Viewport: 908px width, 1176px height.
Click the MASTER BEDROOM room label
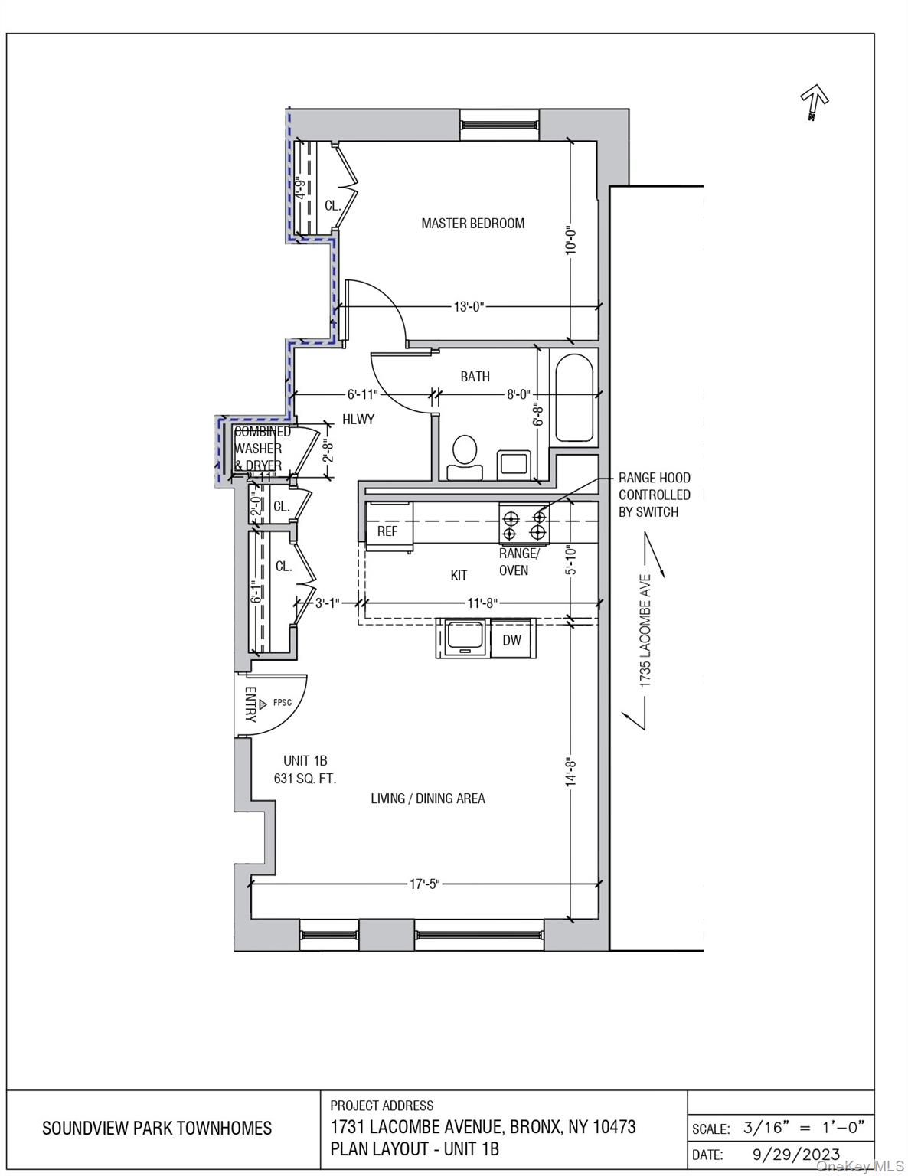point(472,224)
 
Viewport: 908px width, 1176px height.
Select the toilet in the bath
point(464,458)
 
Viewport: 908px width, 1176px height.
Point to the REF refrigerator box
point(388,531)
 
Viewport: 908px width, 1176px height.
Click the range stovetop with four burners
point(524,524)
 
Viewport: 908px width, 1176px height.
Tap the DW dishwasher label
point(512,640)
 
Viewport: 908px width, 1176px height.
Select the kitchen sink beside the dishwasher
point(465,638)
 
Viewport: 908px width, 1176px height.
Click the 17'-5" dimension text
point(425,884)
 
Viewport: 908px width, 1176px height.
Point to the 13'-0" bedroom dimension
point(469,307)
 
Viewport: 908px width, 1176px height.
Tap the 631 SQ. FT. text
point(305,779)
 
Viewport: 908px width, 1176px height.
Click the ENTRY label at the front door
point(250,704)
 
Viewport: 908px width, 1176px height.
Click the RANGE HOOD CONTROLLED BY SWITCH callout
point(655,495)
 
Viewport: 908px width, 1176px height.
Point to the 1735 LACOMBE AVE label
point(645,630)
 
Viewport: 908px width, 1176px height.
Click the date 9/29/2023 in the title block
point(791,1154)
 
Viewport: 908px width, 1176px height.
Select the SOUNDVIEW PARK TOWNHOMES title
point(157,1129)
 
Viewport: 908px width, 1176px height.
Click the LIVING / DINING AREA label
point(428,799)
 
